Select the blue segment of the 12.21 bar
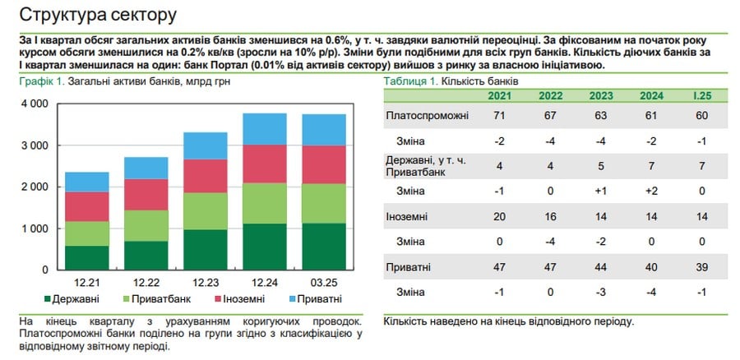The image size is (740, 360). click(x=87, y=182)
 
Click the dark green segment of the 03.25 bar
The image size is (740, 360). click(x=323, y=247)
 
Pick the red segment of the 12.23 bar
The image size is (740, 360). click(x=205, y=176)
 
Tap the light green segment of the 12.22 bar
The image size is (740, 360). click(x=146, y=226)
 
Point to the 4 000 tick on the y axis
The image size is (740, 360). click(x=34, y=104)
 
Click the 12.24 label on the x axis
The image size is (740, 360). click(x=264, y=281)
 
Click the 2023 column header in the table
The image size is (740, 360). click(x=602, y=95)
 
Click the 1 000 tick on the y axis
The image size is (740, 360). click(x=34, y=228)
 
